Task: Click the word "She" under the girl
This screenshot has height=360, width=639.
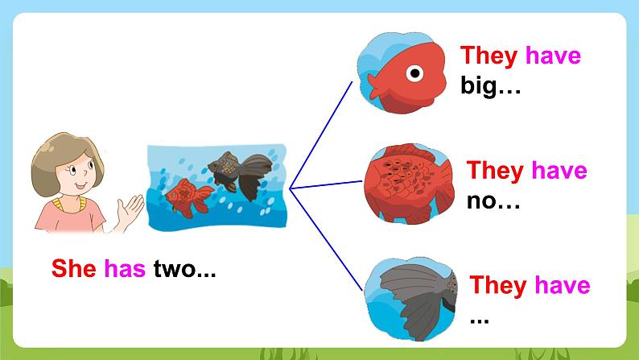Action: pyautogui.click(x=74, y=268)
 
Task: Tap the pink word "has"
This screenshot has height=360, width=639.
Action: pyautogui.click(x=125, y=268)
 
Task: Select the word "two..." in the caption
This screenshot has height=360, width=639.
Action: pyautogui.click(x=184, y=269)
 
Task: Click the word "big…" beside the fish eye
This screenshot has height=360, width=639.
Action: pyautogui.click(x=490, y=86)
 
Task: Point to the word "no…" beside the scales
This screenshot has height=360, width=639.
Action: pyautogui.click(x=493, y=201)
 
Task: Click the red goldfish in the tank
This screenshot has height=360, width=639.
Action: pyautogui.click(x=189, y=197)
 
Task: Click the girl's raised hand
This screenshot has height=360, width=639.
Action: pyautogui.click(x=130, y=211)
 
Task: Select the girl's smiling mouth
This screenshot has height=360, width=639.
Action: pyautogui.click(x=80, y=186)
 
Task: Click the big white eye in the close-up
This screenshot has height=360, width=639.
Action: pyautogui.click(x=414, y=73)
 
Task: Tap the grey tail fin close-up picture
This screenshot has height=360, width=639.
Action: pyautogui.click(x=410, y=300)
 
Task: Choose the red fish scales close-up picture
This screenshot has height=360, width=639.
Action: pyautogui.click(x=409, y=183)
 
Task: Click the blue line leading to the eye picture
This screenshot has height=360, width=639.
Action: pyautogui.click(x=321, y=135)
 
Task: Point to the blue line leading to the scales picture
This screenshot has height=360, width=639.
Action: pyautogui.click(x=326, y=184)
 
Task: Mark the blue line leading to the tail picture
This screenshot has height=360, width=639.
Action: pyautogui.click(x=326, y=239)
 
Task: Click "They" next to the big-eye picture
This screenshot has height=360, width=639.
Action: pyautogui.click(x=489, y=56)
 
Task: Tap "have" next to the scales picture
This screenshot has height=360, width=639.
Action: pyautogui.click(x=559, y=170)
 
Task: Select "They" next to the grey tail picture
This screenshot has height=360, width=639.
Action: pyautogui.click(x=497, y=285)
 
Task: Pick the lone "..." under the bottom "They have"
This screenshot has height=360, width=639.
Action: pyautogui.click(x=480, y=321)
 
